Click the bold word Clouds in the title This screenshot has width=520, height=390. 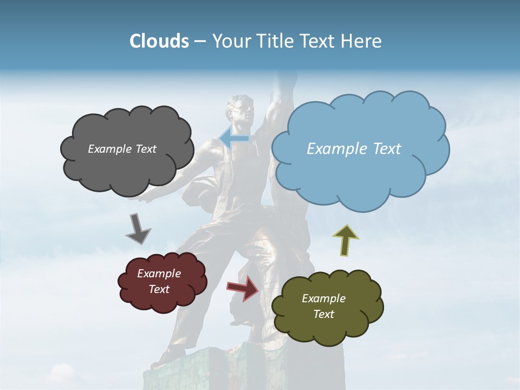click(x=159, y=41)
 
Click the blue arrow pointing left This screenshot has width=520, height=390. click(x=234, y=139)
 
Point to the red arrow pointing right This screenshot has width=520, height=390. click(x=243, y=288)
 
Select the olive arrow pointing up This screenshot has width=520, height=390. click(x=346, y=239)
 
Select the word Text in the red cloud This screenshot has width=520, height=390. click(x=159, y=289)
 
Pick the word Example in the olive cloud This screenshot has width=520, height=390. click(x=323, y=298)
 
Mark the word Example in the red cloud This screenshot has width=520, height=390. click(x=159, y=274)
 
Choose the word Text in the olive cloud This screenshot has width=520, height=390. click(x=323, y=314)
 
